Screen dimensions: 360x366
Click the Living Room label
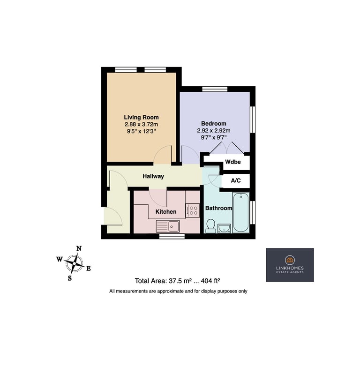141,118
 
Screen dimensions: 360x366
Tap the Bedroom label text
214,123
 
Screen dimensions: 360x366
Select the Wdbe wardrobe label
233,162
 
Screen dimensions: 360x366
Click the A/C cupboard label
236,180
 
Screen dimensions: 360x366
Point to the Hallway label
153,176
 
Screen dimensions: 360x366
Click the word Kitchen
166,212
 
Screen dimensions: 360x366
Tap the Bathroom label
219,208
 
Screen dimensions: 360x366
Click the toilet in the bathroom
211,226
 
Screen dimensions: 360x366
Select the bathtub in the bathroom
241,213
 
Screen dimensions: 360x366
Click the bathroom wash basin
224,229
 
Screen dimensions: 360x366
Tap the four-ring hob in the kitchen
193,210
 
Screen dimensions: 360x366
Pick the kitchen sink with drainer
168,226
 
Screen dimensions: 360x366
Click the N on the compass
79,248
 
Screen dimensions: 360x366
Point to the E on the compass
89,269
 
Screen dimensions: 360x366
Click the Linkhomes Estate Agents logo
290,265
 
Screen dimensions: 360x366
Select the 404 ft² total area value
210,281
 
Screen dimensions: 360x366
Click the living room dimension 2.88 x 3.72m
141,124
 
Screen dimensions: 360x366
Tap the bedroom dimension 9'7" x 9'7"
214,137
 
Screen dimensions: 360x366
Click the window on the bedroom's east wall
252,120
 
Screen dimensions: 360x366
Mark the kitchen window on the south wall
172,236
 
